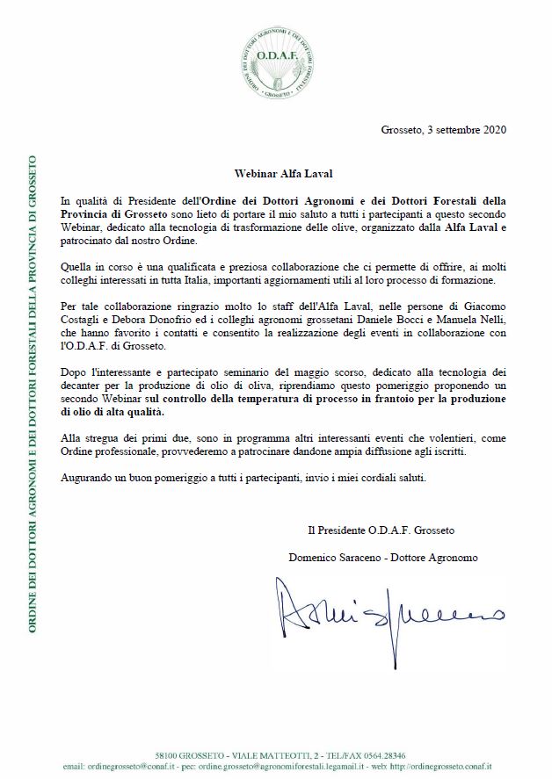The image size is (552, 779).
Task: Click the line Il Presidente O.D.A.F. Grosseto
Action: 381,530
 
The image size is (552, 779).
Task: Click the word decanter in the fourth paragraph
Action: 84,386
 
